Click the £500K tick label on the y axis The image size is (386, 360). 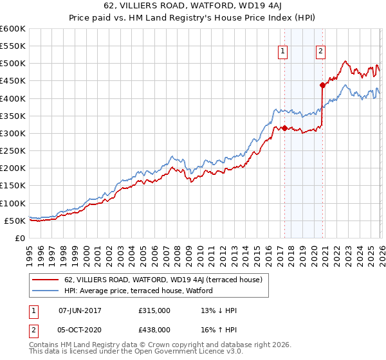[13, 64]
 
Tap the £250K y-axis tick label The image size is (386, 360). [13, 151]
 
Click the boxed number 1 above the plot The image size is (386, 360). [283, 53]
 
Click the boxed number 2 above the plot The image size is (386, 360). [320, 53]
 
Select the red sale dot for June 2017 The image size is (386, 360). [284, 128]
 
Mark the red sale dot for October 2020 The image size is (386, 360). [322, 85]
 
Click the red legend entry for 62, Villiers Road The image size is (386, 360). [163, 280]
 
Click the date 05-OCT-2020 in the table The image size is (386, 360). [80, 330]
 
